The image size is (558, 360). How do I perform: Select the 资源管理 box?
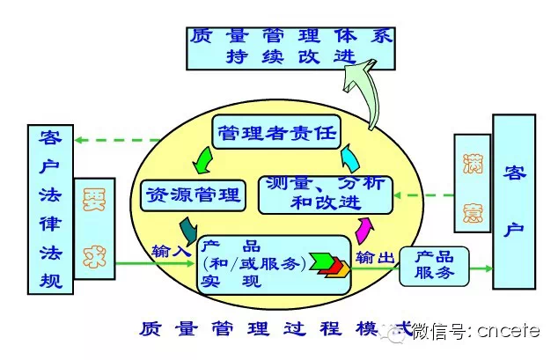(x=192, y=195)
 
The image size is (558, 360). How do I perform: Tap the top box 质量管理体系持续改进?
(x=291, y=46)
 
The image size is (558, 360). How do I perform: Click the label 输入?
(x=171, y=250)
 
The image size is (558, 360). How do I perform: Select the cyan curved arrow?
(x=351, y=159)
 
